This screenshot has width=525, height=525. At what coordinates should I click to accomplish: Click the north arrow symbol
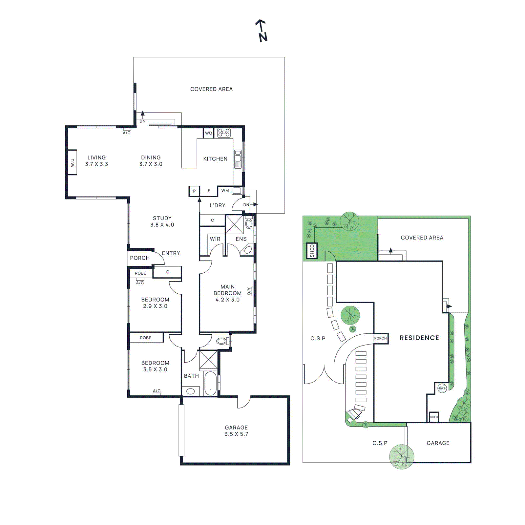coord(262,31)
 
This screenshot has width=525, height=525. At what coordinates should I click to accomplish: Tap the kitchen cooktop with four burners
coord(224,133)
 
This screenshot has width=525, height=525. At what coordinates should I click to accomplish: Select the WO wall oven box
coord(208,133)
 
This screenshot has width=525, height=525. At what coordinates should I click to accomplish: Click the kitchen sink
coord(238,159)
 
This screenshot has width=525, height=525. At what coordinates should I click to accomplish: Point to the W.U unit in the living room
coord(72,162)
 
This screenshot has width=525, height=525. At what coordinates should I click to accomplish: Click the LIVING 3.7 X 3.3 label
coord(96,161)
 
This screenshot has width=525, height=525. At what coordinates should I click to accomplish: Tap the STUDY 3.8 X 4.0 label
coord(162,221)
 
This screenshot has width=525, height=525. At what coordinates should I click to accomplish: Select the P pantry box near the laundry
coord(194,191)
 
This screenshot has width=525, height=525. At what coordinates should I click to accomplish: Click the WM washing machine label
coord(225,191)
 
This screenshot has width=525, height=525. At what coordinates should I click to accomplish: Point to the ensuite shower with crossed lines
coord(234,224)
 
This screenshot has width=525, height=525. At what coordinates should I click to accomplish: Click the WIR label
coord(215,239)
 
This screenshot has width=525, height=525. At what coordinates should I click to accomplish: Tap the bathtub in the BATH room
coord(210,383)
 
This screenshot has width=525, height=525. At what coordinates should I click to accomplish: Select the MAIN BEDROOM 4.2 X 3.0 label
coord(227,293)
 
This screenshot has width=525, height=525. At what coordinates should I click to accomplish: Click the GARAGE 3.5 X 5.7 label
coord(236,430)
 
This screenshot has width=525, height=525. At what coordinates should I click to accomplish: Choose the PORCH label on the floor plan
coord(140,258)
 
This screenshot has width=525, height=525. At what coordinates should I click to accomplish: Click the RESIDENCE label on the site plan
coord(419,338)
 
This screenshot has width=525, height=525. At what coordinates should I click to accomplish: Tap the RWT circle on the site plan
coord(442,388)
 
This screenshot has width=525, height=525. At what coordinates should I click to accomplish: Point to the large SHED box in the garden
coord(312,251)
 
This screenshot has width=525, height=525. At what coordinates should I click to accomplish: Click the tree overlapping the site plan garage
coord(401,456)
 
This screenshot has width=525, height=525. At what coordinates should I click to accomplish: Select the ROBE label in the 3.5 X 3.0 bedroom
coord(146,338)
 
